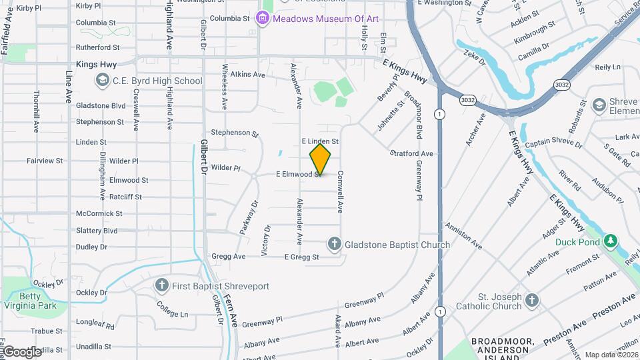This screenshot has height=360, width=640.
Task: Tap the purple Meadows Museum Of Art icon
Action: [x=263, y=18]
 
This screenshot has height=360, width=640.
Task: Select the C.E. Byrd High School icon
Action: [x=102, y=81]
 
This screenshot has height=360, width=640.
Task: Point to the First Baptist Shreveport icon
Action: [x=161, y=286]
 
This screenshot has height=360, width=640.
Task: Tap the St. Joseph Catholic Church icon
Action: [x=531, y=299]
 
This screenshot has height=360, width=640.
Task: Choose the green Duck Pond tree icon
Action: [x=611, y=241]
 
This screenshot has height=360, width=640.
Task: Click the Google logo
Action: [x=21, y=351]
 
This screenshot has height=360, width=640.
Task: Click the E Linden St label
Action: [x=320, y=141]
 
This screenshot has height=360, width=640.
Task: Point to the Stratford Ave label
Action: [x=411, y=153]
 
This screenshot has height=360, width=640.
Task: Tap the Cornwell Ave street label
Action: [x=340, y=191]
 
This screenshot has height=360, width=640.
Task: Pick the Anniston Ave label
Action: [x=464, y=235]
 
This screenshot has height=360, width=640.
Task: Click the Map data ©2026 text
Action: [x=611, y=355]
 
